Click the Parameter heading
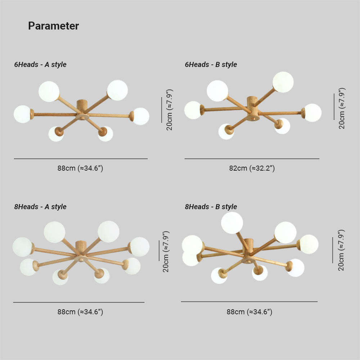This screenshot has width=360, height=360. (x=54, y=26)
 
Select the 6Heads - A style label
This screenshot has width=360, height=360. (x=40, y=64)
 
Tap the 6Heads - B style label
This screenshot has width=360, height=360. (x=211, y=64)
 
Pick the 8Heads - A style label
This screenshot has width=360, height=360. (x=40, y=207)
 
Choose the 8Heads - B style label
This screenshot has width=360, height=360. (x=211, y=207)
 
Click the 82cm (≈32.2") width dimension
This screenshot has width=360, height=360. (x=252, y=168)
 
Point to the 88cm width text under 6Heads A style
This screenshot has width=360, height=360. (x=80, y=168)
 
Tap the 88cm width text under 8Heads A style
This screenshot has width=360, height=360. (x=80, y=312)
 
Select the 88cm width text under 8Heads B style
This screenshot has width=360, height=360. (x=249, y=312)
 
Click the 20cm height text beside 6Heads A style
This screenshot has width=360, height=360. (x=169, y=110)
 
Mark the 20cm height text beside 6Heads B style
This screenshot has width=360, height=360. (x=342, y=108)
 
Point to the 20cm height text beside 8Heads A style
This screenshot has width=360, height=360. (x=166, y=252)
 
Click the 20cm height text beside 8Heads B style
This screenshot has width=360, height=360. (x=341, y=250)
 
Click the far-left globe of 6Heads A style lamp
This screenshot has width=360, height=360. (x=22, y=114)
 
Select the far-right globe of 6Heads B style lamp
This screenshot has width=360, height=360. (x=313, y=113)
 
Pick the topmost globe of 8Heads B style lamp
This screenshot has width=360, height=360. (x=232, y=223)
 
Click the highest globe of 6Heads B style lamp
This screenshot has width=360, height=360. (x=283, y=82)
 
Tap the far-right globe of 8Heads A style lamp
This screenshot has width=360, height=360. (x=139, y=247)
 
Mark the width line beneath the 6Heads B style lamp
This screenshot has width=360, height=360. (x=252, y=159)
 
